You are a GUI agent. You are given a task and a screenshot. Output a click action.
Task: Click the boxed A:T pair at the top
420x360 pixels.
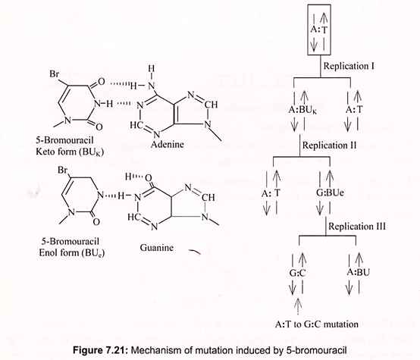click(319, 30)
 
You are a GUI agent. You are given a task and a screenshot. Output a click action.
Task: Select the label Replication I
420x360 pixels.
click(349, 66)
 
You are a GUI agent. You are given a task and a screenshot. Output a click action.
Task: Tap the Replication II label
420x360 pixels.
click(330, 146)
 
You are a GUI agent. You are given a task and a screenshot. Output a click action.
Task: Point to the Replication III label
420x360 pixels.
click(357, 227)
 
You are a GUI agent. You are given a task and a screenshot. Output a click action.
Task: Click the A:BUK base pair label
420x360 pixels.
click(302, 110)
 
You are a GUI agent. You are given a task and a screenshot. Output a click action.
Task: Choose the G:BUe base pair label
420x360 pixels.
click(330, 193)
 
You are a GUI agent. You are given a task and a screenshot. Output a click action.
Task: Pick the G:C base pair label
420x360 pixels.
click(297, 273)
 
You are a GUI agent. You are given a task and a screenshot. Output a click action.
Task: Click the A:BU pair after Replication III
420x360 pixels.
click(359, 272)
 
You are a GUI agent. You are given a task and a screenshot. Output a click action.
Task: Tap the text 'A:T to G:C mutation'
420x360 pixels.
click(317, 324)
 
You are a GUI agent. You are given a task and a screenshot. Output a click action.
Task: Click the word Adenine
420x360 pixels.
click(168, 144)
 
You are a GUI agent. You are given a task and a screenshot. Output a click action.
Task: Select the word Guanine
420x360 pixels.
click(157, 248)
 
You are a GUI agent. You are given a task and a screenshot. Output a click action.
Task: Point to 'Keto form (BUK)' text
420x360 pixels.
click(70, 152)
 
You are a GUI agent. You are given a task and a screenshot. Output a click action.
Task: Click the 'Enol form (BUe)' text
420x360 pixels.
click(72, 253)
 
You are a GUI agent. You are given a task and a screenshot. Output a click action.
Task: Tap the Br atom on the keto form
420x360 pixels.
click(55, 74)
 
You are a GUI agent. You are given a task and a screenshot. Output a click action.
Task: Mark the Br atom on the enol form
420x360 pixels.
click(63, 170)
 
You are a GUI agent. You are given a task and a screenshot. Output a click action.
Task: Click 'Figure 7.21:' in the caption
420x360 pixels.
click(101, 350)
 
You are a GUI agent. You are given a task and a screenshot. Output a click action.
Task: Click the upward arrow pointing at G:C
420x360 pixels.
click(298, 306)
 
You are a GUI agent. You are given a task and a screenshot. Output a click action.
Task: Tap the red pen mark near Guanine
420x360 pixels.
click(195, 252)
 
